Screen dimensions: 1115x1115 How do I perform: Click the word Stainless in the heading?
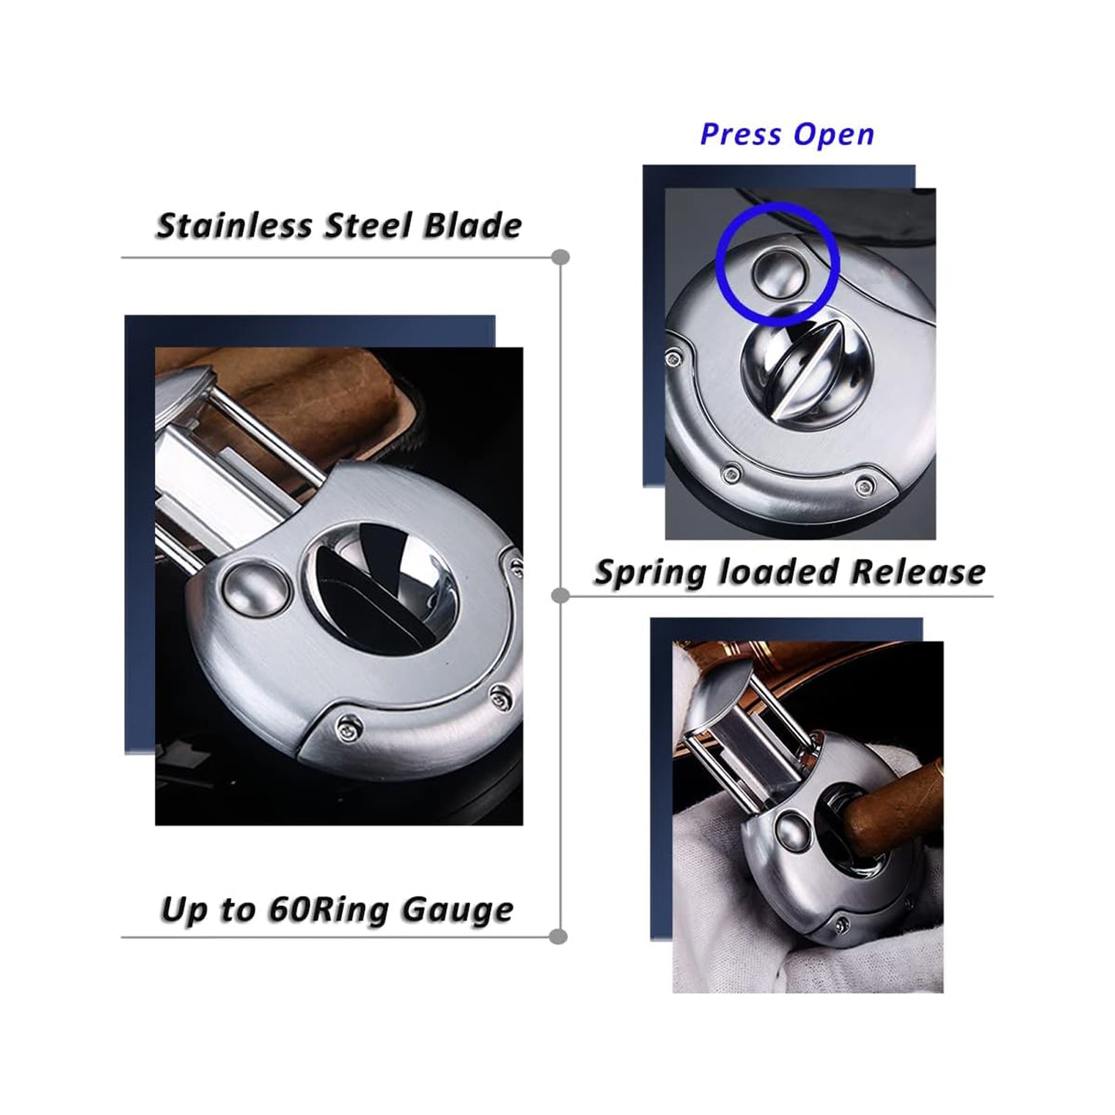[233, 225]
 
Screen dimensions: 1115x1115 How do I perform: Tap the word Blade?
[472, 225]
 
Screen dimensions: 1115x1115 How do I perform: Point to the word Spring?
[651, 573]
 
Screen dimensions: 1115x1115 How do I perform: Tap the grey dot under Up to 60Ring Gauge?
[558, 937]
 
